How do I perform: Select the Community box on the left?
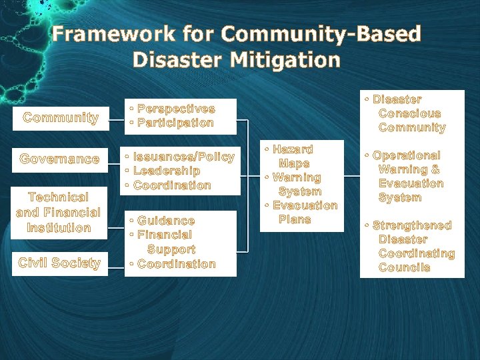[61, 118]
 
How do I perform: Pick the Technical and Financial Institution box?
[59, 212]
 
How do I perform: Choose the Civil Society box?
[59, 263]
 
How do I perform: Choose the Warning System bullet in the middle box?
[293, 185]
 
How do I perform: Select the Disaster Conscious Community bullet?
[408, 113]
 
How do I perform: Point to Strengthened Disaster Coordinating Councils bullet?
[411, 246]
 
